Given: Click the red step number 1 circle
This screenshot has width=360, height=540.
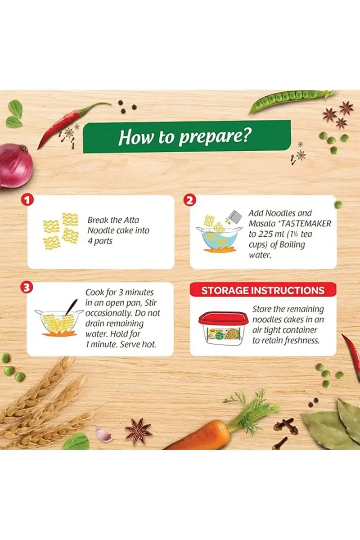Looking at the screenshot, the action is click(x=27, y=200).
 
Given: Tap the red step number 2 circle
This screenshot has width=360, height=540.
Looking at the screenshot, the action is click(x=190, y=200).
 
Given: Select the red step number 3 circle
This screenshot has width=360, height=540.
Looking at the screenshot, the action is click(x=27, y=288).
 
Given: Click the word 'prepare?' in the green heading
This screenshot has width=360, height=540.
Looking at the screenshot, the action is click(x=216, y=137).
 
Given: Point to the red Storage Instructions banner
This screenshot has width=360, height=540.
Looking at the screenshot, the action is click(x=263, y=290).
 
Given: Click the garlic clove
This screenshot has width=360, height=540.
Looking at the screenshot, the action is click(x=103, y=434).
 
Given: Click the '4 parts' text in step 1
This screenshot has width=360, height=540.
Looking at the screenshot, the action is click(x=100, y=241).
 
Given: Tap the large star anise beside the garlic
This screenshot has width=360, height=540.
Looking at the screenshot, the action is click(x=138, y=433).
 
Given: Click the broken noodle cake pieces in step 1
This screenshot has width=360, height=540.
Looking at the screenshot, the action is click(x=61, y=231).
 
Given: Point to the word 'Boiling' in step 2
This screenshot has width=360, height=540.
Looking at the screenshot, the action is click(x=292, y=245).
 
